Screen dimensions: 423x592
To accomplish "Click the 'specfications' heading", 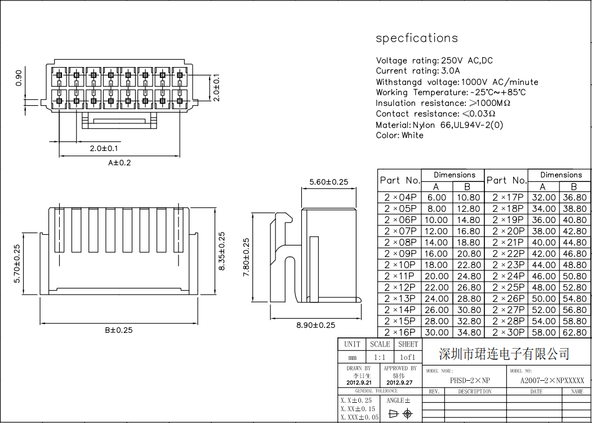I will tap(417, 38).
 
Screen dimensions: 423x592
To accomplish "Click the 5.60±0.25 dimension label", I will tap(329, 182).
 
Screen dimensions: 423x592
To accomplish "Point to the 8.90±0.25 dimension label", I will tap(315, 325).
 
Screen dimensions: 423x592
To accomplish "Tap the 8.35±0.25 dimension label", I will tap(221, 251).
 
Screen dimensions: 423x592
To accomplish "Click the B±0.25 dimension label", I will tap(119, 330).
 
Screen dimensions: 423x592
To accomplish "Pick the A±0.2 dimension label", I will tap(119, 163).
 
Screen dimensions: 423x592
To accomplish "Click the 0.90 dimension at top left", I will tap(19, 77).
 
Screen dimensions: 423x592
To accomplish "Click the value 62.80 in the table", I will tap(574, 332).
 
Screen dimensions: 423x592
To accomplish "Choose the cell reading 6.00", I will tap(437, 197).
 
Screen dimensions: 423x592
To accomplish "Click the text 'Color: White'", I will tap(399, 135).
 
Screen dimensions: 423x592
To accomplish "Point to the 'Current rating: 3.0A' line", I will tap(417, 71).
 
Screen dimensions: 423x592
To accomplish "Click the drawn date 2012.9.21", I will tap(359, 382).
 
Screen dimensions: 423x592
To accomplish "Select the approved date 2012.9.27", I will tap(399, 382).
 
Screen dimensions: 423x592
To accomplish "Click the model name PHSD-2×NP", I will tap(470, 380).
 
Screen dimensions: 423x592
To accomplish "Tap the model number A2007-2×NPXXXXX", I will tap(552, 380).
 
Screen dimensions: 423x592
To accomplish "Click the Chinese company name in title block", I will tap(504, 354).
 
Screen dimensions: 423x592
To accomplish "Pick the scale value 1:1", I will tap(380, 357).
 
